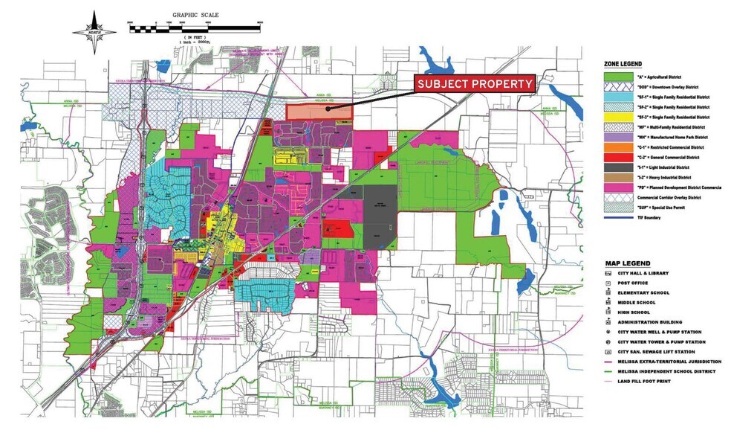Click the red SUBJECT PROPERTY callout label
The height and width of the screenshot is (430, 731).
(475, 84)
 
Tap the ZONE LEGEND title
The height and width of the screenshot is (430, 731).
(622, 65)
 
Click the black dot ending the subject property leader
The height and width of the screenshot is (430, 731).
(328, 109)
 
